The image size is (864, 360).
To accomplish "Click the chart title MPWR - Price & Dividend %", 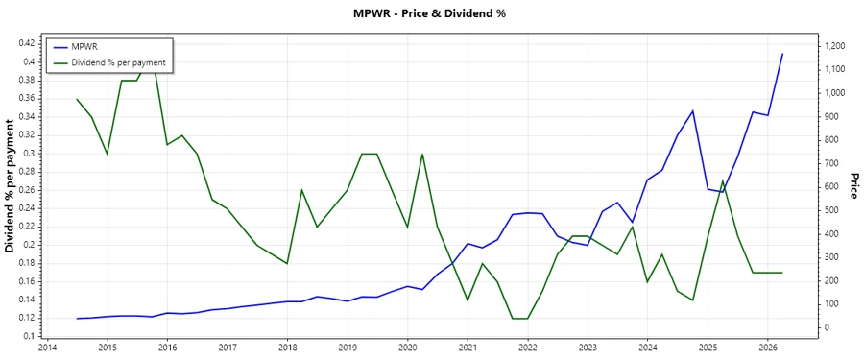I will (x=429, y=13).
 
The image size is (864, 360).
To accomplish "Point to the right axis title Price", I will (x=852, y=186).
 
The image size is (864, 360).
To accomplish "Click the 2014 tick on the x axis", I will (x=47, y=348).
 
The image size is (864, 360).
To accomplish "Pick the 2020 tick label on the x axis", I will (x=407, y=348).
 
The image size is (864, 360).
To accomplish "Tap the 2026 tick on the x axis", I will (x=768, y=348).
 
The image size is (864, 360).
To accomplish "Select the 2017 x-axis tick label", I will (x=228, y=348).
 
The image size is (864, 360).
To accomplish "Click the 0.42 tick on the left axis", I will (x=25, y=43).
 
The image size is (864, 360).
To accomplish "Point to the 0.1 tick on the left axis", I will (x=29, y=336).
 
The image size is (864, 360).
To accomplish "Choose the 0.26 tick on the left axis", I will (x=25, y=189).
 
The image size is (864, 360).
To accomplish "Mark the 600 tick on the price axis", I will (x=830, y=187).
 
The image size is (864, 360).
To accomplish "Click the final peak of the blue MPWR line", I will (x=782, y=54).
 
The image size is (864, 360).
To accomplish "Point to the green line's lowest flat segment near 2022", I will (x=519, y=318).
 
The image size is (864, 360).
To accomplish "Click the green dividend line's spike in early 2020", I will (x=422, y=154).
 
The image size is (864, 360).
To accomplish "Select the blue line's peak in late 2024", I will (x=692, y=110).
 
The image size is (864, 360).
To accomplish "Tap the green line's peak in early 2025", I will (x=722, y=180).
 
